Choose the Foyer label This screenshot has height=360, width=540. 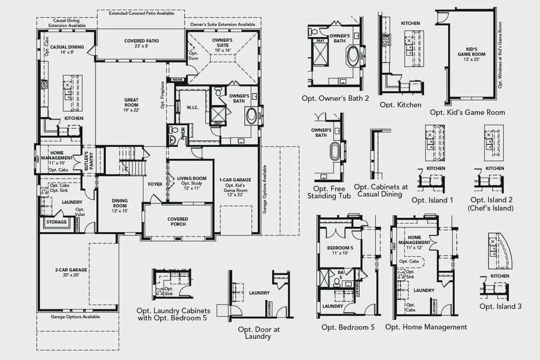[155, 184]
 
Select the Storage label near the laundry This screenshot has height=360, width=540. [56, 222]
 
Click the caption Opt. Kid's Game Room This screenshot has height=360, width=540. [467, 112]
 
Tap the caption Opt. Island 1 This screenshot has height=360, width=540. [433, 200]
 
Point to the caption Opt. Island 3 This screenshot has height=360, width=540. [500, 306]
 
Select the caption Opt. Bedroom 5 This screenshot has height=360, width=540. [347, 327]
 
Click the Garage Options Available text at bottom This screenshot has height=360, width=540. [75, 316]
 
